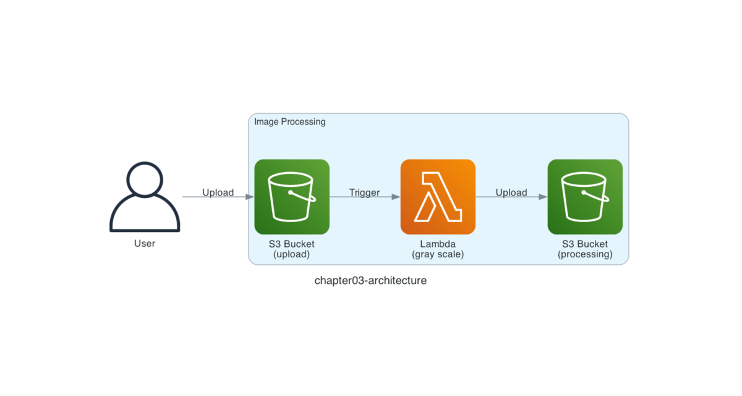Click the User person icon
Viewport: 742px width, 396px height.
click(145, 197)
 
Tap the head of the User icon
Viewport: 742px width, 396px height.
click(145, 179)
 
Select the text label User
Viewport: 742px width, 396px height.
click(145, 244)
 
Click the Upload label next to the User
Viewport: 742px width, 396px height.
click(218, 192)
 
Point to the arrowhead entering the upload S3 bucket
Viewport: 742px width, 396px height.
click(250, 197)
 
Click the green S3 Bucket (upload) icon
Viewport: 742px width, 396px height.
click(292, 197)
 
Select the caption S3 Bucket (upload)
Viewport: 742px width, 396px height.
click(291, 249)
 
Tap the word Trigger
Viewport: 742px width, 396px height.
click(364, 192)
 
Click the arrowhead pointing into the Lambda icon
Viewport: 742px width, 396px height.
click(396, 197)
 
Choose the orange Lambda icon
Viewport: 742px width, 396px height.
click(438, 197)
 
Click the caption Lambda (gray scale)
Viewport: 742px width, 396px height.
click(438, 249)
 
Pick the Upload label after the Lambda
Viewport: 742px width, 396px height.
click(511, 192)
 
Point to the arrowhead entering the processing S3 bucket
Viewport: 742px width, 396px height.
click(544, 197)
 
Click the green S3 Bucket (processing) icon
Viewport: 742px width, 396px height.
click(585, 197)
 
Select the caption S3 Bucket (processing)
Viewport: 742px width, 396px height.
click(585, 249)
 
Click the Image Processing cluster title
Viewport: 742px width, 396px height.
click(290, 122)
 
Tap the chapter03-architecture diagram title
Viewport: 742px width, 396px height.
click(370, 281)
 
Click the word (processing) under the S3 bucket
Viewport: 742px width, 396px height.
click(585, 254)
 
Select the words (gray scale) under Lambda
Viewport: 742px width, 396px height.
click(438, 254)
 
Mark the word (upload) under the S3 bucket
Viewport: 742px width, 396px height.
click(291, 254)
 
